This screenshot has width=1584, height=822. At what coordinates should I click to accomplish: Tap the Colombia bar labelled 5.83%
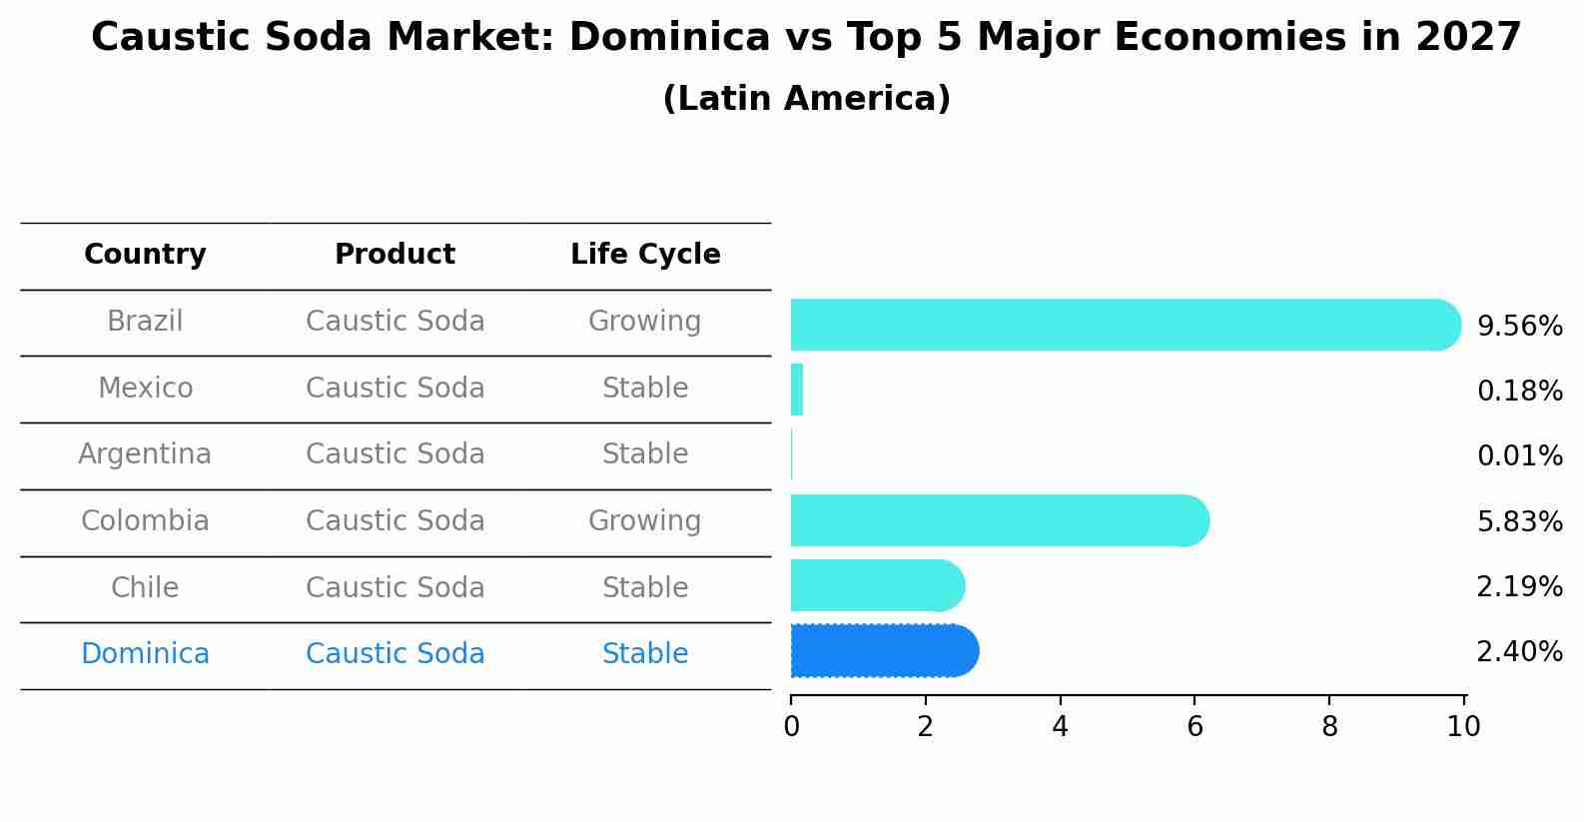(999, 520)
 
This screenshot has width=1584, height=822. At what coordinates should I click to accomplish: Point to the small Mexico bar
(797, 390)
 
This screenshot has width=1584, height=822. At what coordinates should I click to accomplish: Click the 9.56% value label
(1519, 327)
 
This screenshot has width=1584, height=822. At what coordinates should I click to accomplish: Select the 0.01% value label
(1519, 456)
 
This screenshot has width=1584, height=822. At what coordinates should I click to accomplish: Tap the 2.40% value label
(1519, 652)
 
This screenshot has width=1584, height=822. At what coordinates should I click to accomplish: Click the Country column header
(145, 255)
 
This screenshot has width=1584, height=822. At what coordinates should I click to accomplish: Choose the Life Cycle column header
(645, 255)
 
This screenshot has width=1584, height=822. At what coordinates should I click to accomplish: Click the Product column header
(395, 255)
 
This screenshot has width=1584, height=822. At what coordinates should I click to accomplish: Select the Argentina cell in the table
(145, 454)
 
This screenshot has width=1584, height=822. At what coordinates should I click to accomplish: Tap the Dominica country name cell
(145, 654)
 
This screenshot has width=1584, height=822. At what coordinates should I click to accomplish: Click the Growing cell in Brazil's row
(644, 322)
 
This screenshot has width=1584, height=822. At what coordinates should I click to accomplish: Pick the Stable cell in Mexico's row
(644, 388)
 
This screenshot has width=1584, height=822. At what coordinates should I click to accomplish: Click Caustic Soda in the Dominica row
(395, 654)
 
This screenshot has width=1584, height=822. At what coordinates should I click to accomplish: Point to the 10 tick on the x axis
(1463, 726)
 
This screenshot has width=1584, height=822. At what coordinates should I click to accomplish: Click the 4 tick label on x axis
(1060, 726)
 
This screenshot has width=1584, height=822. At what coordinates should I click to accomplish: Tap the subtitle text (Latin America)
(806, 99)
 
